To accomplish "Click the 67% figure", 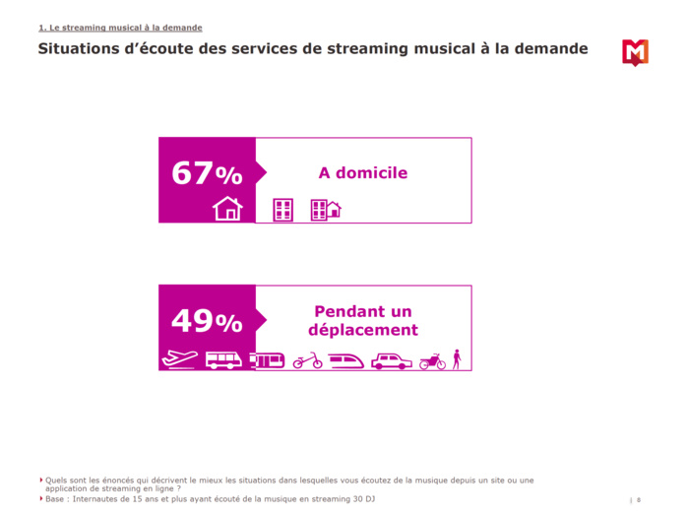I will point(207,173).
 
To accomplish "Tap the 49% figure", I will point(207,321).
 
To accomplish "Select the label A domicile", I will point(362,173).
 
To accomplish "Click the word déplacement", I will point(362,331).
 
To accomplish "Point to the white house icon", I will point(227,209).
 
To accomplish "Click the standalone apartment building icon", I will point(282,209).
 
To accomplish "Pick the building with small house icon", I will point(325,209).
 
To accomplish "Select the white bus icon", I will point(223,359).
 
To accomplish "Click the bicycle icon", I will point(307,360).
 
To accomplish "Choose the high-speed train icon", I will point(346,360).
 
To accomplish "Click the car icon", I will point(392,361).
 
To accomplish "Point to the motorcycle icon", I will point(432,361).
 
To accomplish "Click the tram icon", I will point(267,360).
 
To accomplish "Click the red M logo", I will point(635,52).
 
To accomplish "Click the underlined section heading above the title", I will point(120,28).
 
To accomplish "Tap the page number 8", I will point(639,499).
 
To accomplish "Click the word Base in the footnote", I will point(55,498).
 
